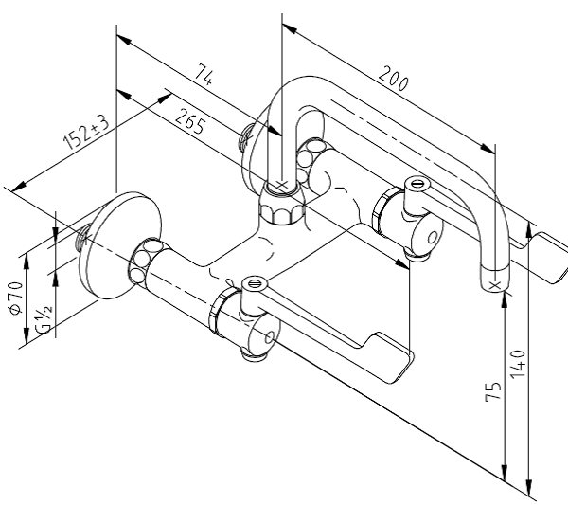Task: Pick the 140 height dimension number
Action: pyautogui.click(x=518, y=361)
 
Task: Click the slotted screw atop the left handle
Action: pyautogui.click(x=252, y=282)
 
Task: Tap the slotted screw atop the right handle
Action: pyautogui.click(x=415, y=183)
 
